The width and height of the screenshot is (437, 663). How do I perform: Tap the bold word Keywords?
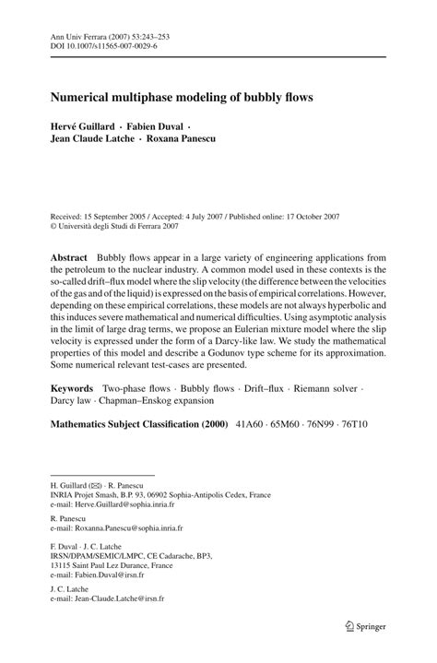point(74,390)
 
